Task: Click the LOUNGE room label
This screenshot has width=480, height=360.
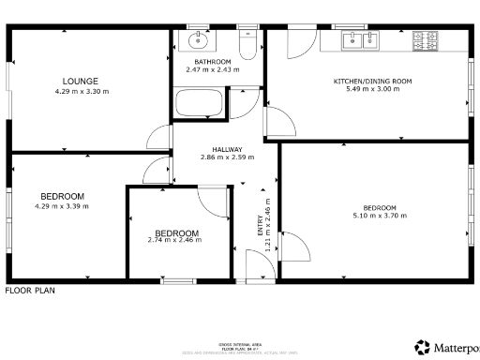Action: point(67,81)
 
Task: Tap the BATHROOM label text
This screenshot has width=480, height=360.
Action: point(213,62)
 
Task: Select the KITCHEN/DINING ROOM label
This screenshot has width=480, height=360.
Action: point(373,82)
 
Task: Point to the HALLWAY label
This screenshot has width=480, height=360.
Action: point(227,149)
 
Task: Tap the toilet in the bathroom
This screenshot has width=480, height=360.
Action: point(247,43)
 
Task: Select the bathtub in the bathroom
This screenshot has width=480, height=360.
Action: point(199,103)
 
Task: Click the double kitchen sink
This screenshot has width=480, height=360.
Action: point(360,40)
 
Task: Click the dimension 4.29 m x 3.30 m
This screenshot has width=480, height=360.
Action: point(67,91)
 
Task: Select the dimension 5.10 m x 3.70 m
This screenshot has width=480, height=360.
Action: point(380,216)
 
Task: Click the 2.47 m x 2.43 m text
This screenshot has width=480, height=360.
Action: point(213,70)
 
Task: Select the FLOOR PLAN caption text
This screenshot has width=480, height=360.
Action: point(30,291)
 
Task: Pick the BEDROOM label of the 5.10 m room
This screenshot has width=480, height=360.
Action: point(380,207)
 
